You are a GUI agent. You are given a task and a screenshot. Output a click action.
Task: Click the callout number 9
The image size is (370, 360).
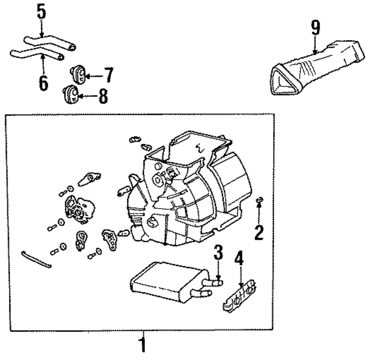pyautogui.click(x=315, y=28)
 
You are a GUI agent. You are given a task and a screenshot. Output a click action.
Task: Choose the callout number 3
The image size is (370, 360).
pyautogui.click(x=218, y=254)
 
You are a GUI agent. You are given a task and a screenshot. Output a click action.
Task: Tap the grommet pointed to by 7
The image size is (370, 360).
pyautogui.click(x=78, y=74)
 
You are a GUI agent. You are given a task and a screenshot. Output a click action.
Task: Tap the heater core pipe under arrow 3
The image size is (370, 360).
pyautogui.click(x=214, y=283)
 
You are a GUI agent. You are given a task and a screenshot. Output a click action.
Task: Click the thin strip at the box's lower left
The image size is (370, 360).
pyautogui.click(x=36, y=259)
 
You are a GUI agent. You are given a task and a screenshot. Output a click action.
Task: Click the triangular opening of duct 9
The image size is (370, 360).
pyautogui.click(x=285, y=81)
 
